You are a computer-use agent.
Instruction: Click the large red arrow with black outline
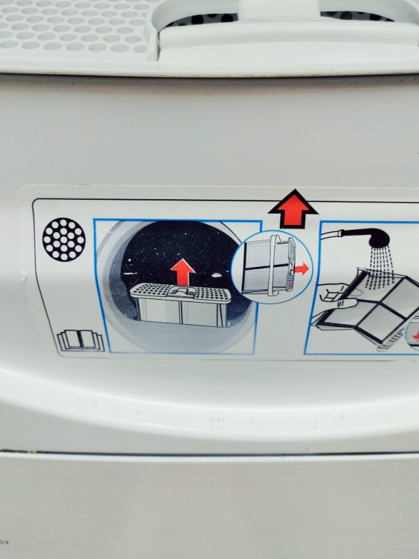point(293,210)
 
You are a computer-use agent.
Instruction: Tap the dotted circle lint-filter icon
point(64,240)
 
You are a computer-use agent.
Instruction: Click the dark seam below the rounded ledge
point(209,452)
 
